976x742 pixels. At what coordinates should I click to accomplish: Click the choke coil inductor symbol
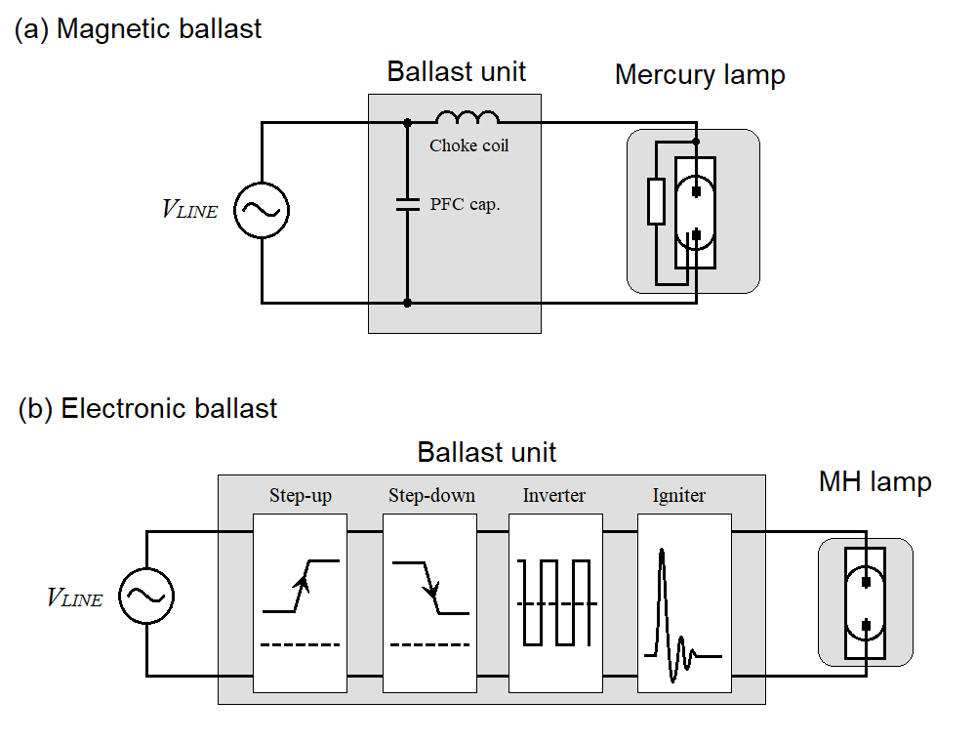point(468,119)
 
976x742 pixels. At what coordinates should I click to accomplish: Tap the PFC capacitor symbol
point(407,205)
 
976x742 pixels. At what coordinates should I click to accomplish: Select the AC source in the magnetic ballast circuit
point(262,209)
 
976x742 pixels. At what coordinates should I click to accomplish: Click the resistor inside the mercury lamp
point(657,202)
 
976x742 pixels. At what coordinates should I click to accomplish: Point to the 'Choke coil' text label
point(469,145)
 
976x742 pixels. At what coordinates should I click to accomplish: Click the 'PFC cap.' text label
point(466,205)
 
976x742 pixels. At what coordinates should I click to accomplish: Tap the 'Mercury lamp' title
point(700,75)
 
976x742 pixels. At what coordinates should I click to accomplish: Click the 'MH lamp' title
point(874,481)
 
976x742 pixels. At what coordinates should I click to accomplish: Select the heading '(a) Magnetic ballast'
point(138,29)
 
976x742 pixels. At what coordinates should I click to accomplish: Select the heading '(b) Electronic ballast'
point(147,408)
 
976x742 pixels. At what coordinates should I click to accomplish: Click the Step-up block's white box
point(300,603)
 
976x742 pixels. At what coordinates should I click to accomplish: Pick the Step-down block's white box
point(429,603)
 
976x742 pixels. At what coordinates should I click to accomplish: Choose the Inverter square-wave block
point(554,603)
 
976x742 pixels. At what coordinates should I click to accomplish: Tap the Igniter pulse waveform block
point(683,603)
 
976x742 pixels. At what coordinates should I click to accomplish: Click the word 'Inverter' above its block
point(554,496)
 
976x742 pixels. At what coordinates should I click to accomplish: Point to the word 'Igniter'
point(679,496)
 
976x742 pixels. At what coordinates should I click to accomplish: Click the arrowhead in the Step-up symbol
point(303,584)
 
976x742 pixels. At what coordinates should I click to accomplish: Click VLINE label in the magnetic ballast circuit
point(189,209)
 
